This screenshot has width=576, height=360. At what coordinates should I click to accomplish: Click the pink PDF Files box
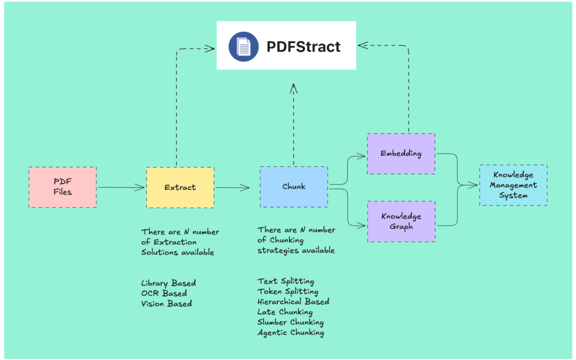pyautogui.click(x=62, y=187)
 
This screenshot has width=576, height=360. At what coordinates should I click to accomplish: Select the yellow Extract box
pyautogui.click(x=180, y=187)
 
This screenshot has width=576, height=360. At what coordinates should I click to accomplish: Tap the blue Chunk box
pyautogui.click(x=294, y=187)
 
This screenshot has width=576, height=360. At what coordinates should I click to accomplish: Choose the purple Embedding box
pyautogui.click(x=401, y=154)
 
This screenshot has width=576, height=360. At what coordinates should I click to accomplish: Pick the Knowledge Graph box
pyautogui.click(x=401, y=221)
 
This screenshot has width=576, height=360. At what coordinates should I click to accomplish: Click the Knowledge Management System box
pyautogui.click(x=513, y=185)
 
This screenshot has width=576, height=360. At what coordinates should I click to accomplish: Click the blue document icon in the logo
pyautogui.click(x=244, y=46)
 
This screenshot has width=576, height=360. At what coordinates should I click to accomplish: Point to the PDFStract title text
pyautogui.click(x=303, y=46)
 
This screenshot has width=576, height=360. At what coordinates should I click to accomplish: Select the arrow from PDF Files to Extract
pyautogui.click(x=121, y=187)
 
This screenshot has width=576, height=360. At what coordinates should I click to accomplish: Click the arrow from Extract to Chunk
pyautogui.click(x=232, y=187)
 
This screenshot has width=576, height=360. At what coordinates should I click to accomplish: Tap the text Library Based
pyautogui.click(x=169, y=283)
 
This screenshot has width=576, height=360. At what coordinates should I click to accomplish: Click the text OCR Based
pyautogui.click(x=164, y=293)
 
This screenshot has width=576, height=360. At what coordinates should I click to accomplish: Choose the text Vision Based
pyautogui.click(x=166, y=303)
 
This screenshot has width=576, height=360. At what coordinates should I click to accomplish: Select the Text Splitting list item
pyautogui.click(x=286, y=281)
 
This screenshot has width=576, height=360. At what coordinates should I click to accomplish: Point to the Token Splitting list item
pyautogui.click(x=288, y=291)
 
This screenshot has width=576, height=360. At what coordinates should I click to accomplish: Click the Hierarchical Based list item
pyautogui.click(x=293, y=301)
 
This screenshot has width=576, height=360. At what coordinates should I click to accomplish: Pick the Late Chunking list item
pyautogui.click(x=285, y=311)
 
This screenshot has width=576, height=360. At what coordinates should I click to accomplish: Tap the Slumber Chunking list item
pyautogui.click(x=291, y=322)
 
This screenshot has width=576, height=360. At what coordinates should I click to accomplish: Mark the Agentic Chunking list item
pyautogui.click(x=291, y=332)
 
